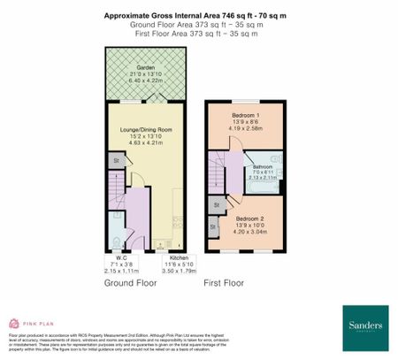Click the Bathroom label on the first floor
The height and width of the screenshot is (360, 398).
click(x=263, y=166)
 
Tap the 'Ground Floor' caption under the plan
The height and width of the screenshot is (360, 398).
click(x=132, y=285)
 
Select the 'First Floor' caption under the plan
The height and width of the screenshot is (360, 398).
click(x=224, y=285)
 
